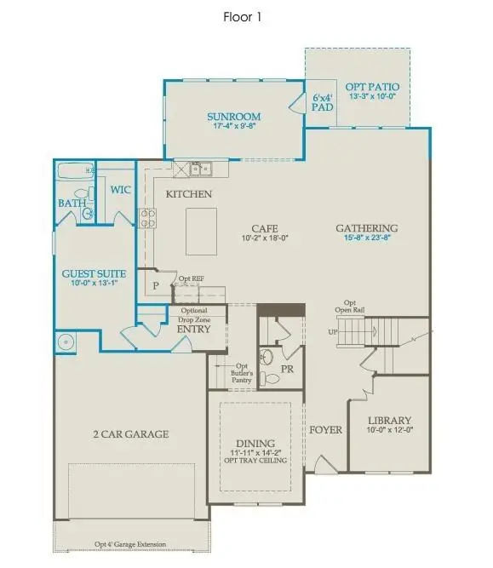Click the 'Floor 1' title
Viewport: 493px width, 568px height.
(x=246, y=16)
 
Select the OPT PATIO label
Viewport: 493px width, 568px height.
(x=372, y=87)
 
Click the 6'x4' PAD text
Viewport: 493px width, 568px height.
(x=322, y=103)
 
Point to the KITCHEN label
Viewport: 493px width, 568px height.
(x=189, y=194)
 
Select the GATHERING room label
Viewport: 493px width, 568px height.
(x=366, y=228)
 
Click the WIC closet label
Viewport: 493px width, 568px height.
(x=120, y=189)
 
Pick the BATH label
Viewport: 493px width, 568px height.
(x=72, y=204)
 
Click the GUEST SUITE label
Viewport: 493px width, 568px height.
(x=95, y=273)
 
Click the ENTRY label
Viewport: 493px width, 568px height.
(x=193, y=329)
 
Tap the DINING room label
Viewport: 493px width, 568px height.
(x=255, y=443)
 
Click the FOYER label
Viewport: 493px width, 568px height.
(x=325, y=430)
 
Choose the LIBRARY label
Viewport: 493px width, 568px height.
(x=389, y=421)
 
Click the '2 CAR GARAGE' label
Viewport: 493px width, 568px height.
(x=131, y=433)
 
